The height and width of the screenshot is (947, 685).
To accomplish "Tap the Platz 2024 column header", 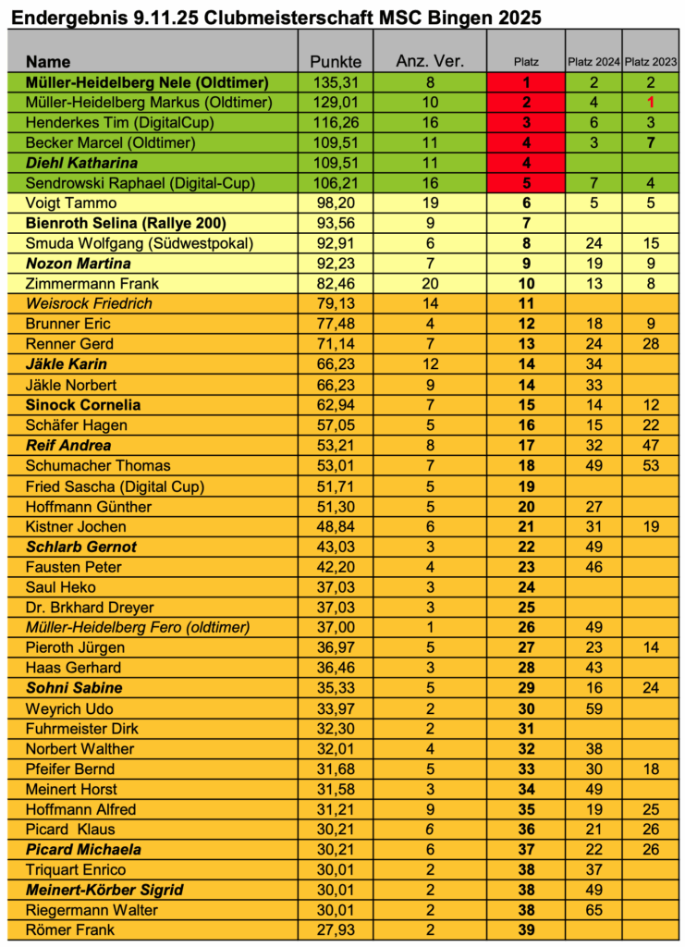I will tap(593, 62).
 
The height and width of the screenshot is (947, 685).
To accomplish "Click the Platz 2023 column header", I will tap(651, 62).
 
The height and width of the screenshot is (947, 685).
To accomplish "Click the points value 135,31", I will tap(335, 81).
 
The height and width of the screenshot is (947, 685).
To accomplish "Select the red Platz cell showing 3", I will tap(525, 122).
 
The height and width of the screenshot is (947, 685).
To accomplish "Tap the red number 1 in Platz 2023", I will tap(651, 102).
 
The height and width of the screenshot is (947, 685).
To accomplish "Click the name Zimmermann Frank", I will tap(80, 283).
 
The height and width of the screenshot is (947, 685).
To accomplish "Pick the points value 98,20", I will tap(335, 203).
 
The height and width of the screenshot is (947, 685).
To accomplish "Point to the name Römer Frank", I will tap(64, 930).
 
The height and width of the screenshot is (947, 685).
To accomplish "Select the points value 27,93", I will tap(335, 930).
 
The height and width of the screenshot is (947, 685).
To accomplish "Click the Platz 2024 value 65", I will tap(593, 910).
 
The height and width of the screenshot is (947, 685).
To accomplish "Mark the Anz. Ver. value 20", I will tap(429, 283).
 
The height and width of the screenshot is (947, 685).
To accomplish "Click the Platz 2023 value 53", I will tap(651, 465).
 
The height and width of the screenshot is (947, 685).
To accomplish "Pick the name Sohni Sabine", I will tap(73, 688).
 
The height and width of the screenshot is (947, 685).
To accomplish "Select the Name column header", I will tap(48, 62).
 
